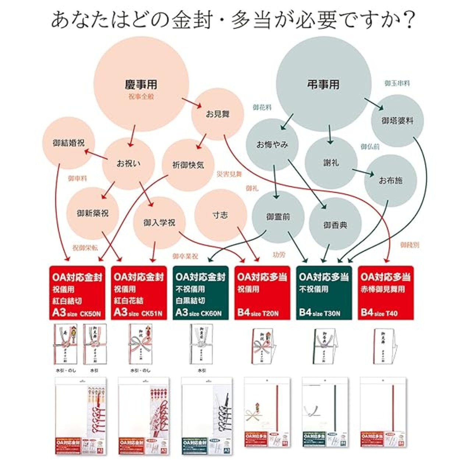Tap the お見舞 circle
click(217, 114)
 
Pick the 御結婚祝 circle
click(69, 143)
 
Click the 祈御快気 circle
click(188, 165)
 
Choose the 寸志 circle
click(220, 215)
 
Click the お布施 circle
click(390, 180)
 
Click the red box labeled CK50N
click(77, 293)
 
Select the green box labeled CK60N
click(201, 293)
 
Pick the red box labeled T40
click(386, 293)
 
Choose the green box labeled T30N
click(324, 293)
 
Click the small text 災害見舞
click(229, 174)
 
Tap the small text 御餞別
click(410, 245)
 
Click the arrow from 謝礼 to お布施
click(363, 172)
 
